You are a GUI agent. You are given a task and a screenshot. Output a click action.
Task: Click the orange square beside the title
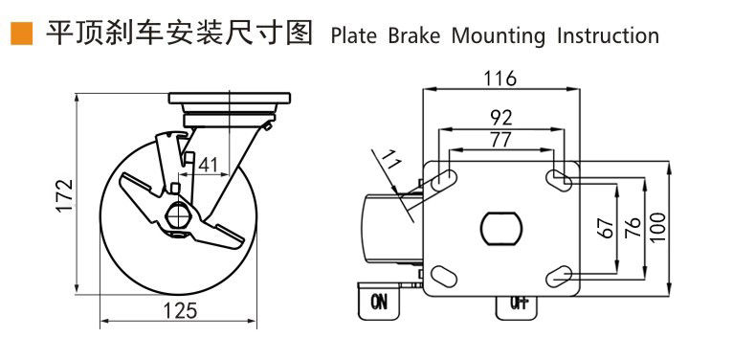click(21, 34)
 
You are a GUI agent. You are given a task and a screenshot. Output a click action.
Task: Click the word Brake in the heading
click(414, 35)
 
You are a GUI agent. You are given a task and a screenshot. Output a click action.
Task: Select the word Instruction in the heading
click(609, 35)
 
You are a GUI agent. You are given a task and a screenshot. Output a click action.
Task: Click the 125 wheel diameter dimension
click(179, 311)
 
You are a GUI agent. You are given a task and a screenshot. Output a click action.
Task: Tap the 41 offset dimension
click(208, 165)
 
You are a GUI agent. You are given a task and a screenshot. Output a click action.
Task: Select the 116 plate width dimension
click(500, 79)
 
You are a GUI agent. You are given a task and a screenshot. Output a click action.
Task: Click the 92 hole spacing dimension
click(501, 118)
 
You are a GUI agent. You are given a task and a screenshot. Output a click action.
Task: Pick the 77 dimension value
click(500, 140)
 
